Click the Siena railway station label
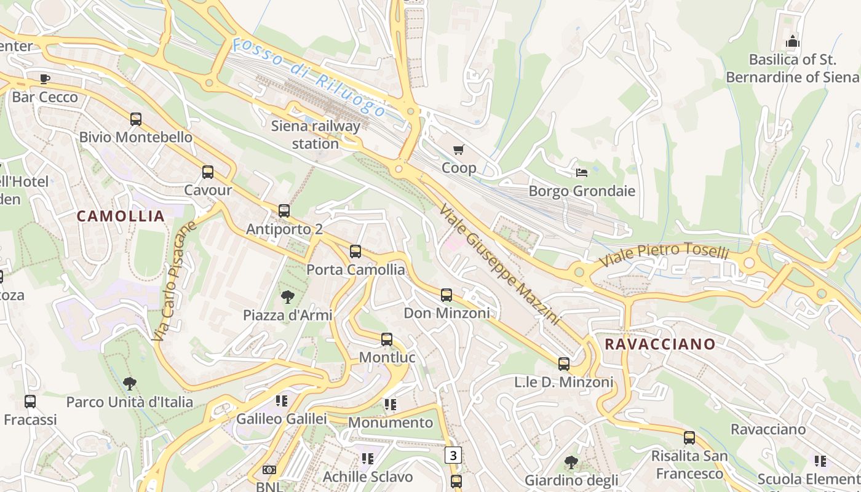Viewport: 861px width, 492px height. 315,135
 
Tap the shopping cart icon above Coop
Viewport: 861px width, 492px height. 458,149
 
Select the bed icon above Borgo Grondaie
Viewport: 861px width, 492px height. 582,172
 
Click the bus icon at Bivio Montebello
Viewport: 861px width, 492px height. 136,119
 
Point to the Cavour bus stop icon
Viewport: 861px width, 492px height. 208,172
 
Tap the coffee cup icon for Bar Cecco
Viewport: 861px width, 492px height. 45,79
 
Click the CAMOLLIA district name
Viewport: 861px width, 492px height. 121,216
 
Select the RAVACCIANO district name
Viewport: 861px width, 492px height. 660,344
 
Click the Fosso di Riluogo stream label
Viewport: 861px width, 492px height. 309,77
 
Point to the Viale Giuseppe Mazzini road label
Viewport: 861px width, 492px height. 499,264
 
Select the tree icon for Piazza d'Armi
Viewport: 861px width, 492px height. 287,298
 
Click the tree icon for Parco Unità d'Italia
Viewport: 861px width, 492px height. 129,384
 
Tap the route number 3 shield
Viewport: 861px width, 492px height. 453,455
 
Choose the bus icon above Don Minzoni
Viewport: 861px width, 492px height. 446,295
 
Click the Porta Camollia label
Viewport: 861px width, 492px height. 355,269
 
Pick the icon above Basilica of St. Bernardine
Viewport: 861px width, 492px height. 793,42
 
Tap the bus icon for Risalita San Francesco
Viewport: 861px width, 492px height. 689,438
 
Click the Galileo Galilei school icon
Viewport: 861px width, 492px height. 282,402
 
